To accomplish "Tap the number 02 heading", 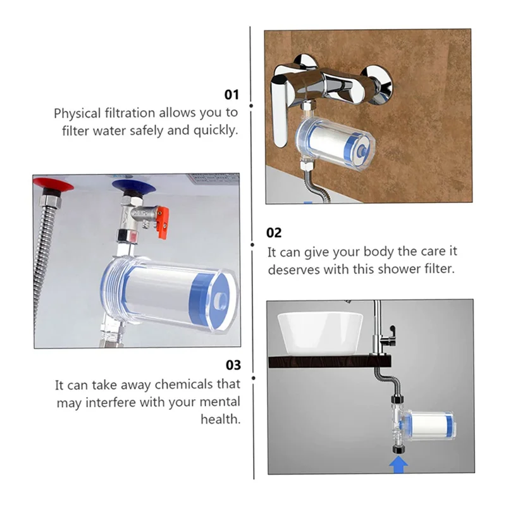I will click(275, 233).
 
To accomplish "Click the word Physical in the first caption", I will click(78, 113).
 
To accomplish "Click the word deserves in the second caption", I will click(292, 269).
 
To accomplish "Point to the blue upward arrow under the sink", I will click(398, 467).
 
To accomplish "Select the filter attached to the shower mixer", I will click(335, 142).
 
